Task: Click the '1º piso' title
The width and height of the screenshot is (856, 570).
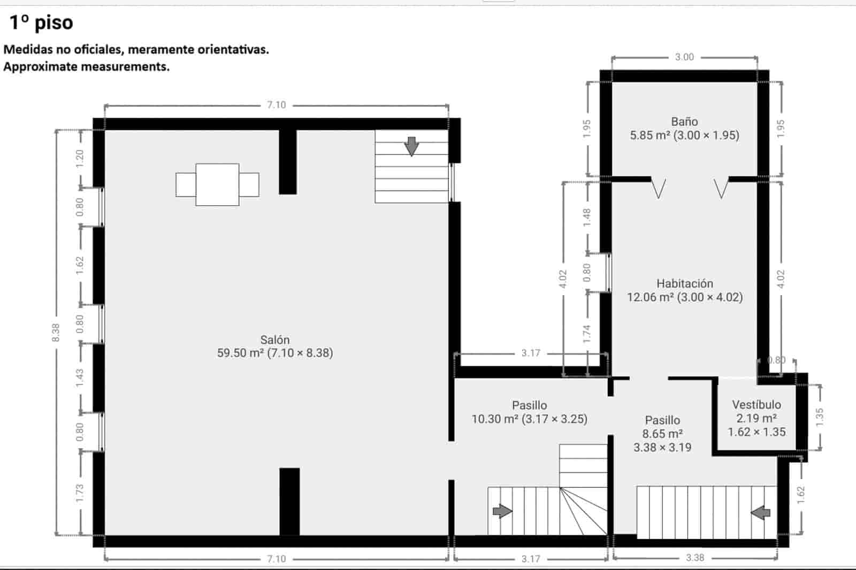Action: click(x=41, y=23)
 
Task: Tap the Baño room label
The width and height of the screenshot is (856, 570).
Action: click(x=684, y=128)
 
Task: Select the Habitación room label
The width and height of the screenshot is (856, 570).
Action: click(x=685, y=290)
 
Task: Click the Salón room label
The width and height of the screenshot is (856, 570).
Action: click(x=275, y=346)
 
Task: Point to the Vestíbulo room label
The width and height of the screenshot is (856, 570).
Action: click(x=756, y=418)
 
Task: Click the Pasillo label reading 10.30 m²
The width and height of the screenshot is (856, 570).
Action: click(x=529, y=412)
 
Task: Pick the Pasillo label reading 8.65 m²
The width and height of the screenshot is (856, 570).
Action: click(x=662, y=433)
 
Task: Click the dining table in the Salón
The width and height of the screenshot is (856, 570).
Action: click(x=217, y=184)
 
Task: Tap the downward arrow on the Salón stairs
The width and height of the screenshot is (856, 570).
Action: click(x=411, y=146)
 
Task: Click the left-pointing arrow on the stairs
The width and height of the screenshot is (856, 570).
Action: click(x=760, y=513)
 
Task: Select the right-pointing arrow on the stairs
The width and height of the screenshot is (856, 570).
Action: click(x=502, y=511)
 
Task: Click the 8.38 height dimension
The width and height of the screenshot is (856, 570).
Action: click(x=56, y=333)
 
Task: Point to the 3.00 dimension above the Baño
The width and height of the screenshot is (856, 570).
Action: click(x=684, y=57)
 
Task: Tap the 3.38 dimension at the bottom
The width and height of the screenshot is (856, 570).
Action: click(x=695, y=558)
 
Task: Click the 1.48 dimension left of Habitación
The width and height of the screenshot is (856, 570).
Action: click(x=587, y=217)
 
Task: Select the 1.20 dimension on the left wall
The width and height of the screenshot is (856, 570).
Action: click(x=80, y=158)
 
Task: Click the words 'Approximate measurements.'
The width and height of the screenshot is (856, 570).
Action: click(x=86, y=67)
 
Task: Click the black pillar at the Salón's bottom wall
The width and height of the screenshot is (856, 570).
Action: click(x=289, y=501)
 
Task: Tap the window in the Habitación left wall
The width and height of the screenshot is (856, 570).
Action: click(x=609, y=272)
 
